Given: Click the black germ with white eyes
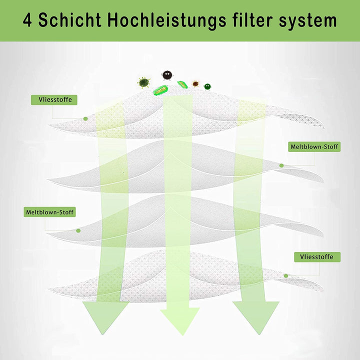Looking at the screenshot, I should coord(167,75).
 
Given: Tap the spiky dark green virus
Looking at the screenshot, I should coord(144,81).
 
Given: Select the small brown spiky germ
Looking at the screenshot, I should coord(195,84).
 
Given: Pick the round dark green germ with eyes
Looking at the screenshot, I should coord(207,86).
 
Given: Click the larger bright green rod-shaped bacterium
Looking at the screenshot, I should coord(161,90).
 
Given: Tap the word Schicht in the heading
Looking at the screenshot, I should coord(70,20).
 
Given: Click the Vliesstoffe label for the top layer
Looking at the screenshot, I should coord(54,99).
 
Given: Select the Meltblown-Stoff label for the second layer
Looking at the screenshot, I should coord(314,147).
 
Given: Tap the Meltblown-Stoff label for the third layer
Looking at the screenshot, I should coord(50,212).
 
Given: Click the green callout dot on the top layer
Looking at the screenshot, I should coord(85,118).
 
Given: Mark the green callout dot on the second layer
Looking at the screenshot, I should coord(281,165).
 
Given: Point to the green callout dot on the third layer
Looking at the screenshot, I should coord(78,230).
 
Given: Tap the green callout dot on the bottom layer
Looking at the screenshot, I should coord(286,275).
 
